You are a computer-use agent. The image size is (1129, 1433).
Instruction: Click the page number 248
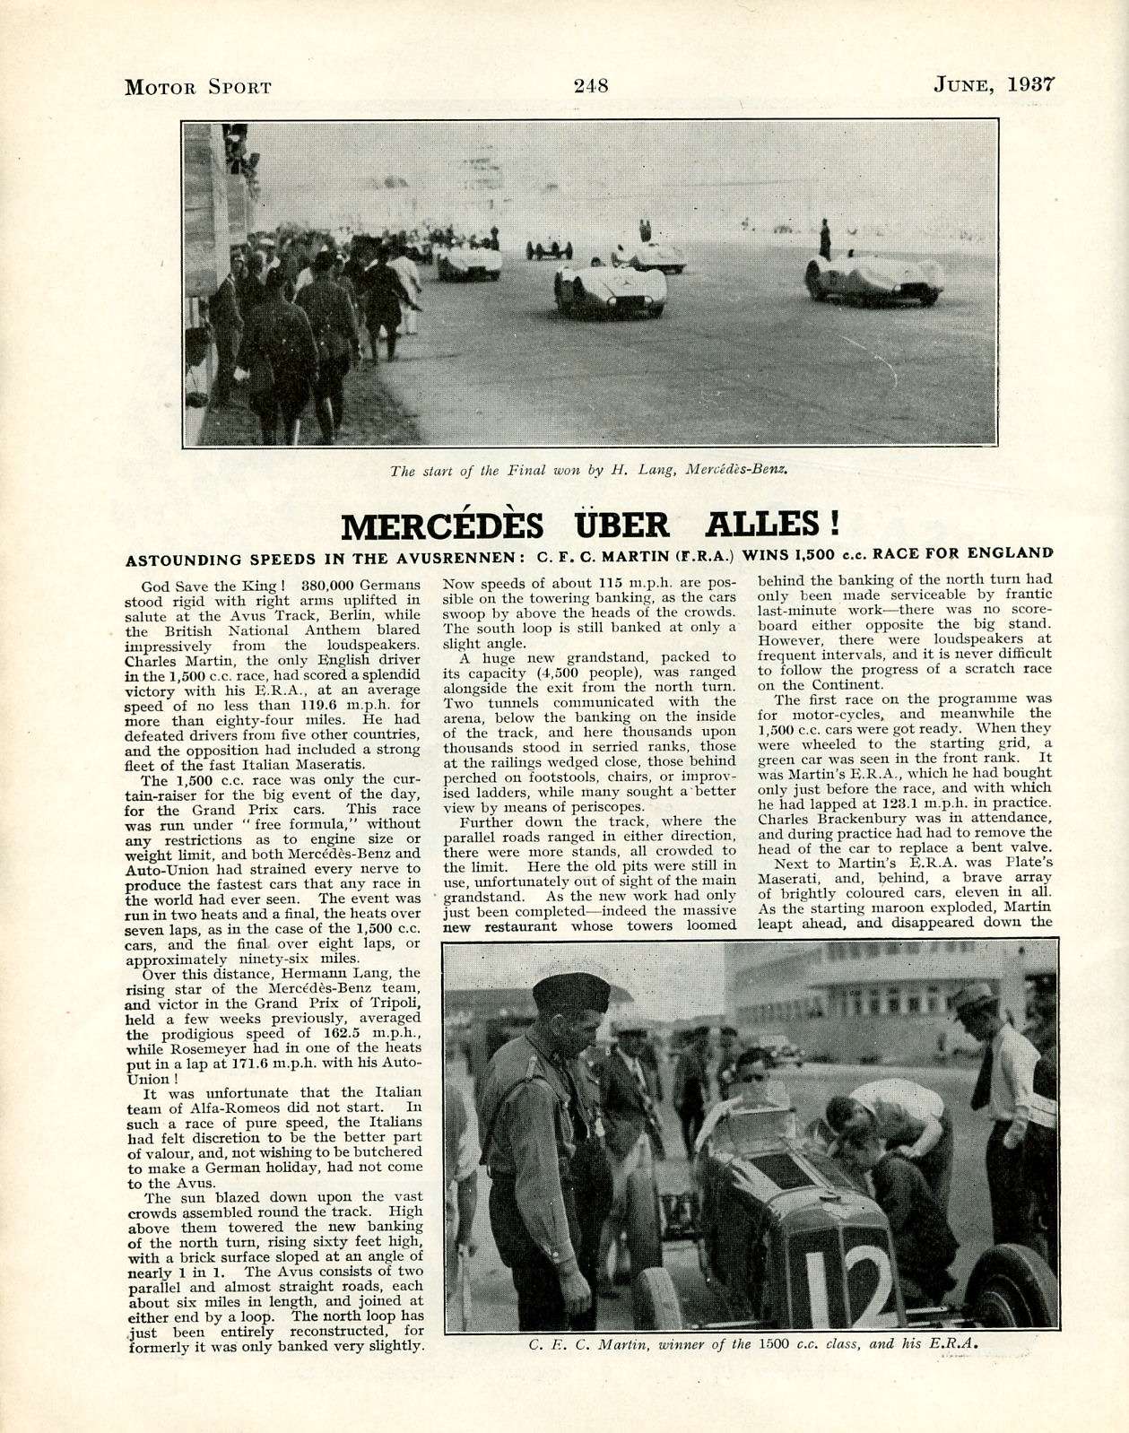pyautogui.click(x=590, y=86)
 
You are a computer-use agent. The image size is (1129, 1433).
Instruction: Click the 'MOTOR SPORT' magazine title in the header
pyautogui.click(x=197, y=87)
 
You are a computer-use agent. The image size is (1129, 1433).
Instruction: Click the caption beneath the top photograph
pyautogui.click(x=589, y=469)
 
